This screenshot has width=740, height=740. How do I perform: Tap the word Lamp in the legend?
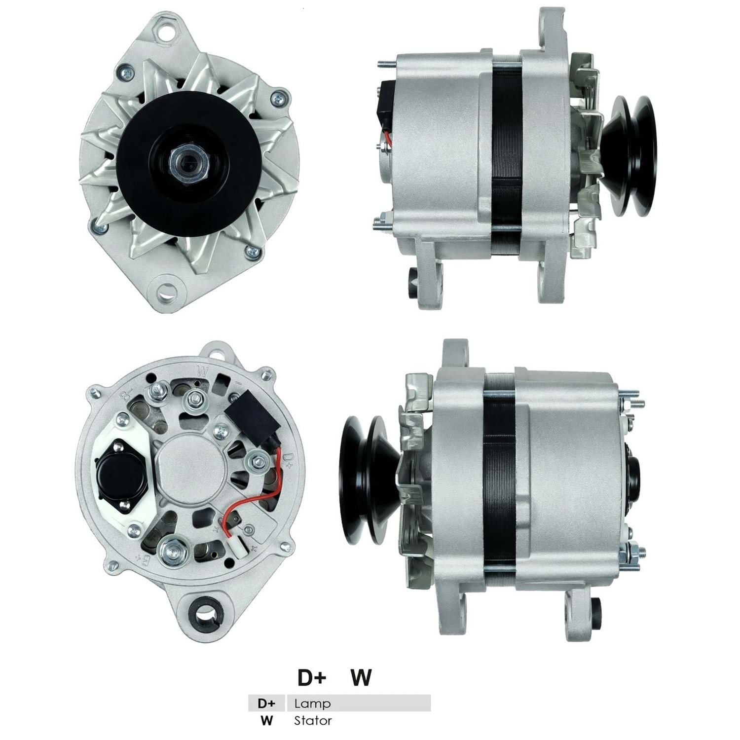point(312,703)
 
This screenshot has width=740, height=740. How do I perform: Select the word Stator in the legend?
point(313,721)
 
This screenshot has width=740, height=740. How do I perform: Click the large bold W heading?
point(361,678)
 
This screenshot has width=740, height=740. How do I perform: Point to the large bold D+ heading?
point(312,678)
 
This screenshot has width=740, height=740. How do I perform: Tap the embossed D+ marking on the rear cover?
point(289,458)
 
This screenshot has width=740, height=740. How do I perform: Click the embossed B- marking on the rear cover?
point(112,395)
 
